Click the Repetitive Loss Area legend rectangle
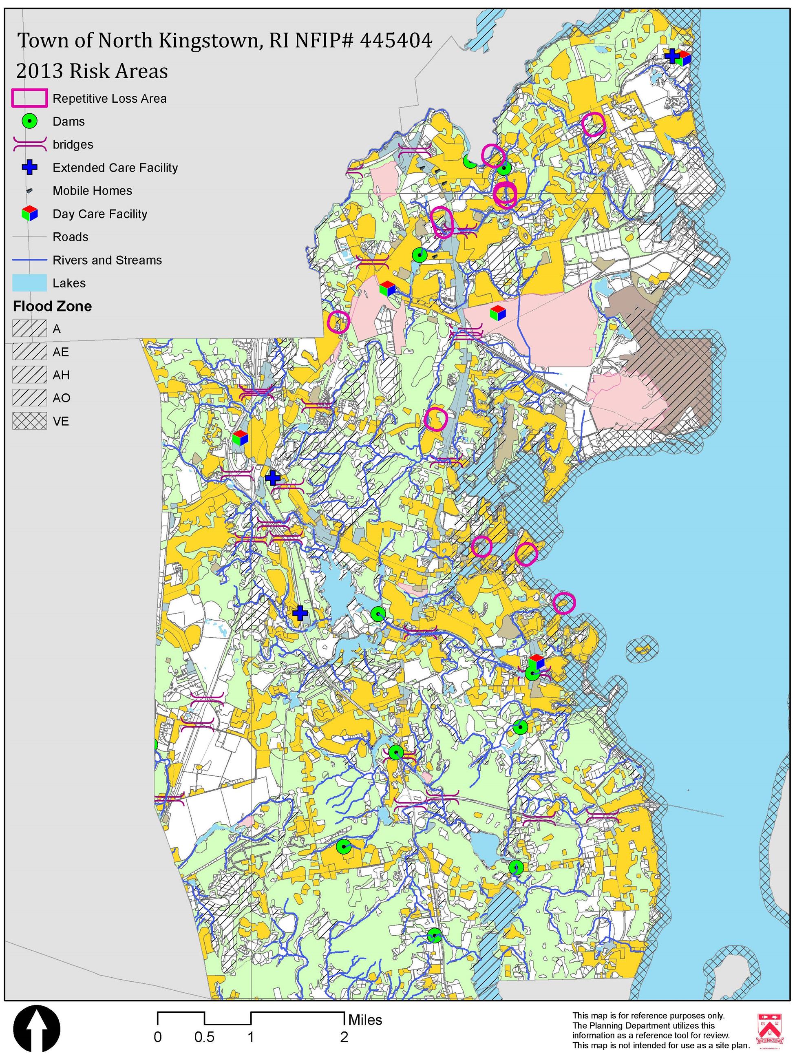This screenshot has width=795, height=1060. pyautogui.click(x=29, y=98)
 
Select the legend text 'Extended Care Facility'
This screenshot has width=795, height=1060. pyautogui.click(x=115, y=168)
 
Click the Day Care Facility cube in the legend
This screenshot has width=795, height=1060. pyautogui.click(x=30, y=214)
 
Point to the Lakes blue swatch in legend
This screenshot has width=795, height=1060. pyautogui.click(x=29, y=283)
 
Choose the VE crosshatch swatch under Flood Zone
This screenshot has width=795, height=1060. pyautogui.click(x=29, y=421)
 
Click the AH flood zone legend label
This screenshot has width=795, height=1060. pyautogui.click(x=61, y=375)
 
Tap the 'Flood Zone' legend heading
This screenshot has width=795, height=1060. pyautogui.click(x=52, y=306)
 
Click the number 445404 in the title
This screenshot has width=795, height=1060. pyautogui.click(x=396, y=41)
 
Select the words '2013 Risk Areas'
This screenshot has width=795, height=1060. pyautogui.click(x=92, y=71)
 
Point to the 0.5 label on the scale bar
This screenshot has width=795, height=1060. pyautogui.click(x=204, y=1038)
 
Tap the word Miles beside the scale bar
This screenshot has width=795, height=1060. pyautogui.click(x=365, y=1020)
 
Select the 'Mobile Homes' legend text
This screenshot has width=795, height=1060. pyautogui.click(x=92, y=191)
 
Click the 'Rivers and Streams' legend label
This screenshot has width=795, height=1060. pyautogui.click(x=107, y=260)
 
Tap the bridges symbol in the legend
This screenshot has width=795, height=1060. pyautogui.click(x=29, y=144)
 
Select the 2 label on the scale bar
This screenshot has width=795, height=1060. pyautogui.click(x=344, y=1038)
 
